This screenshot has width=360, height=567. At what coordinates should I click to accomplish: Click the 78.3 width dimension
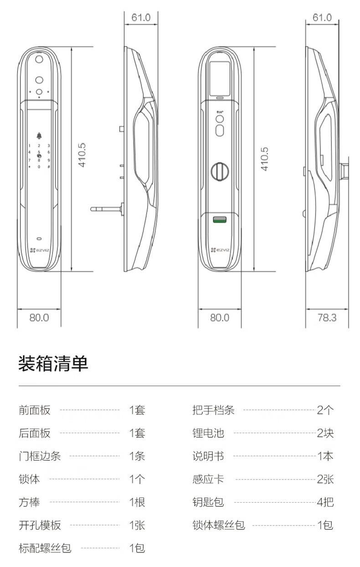click(327, 317)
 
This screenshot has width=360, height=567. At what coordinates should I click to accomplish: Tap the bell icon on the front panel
click(39, 135)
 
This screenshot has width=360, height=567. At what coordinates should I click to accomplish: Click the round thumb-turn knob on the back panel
click(220, 170)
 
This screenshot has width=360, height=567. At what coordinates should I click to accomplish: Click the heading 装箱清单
click(53, 364)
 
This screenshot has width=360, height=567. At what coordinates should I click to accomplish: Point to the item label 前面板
click(35, 410)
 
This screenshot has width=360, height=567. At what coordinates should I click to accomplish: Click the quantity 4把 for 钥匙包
click(325, 502)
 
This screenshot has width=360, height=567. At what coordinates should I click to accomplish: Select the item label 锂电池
click(208, 433)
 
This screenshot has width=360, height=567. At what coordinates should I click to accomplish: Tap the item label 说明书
click(208, 456)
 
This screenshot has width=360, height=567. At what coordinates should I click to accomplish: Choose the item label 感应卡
click(208, 479)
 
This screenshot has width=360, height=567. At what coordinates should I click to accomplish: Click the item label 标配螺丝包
click(45, 548)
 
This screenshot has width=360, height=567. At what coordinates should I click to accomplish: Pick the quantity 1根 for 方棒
click(137, 502)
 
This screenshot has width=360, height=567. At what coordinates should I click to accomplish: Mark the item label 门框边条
click(40, 456)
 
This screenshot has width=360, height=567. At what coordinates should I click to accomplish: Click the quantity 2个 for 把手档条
click(325, 410)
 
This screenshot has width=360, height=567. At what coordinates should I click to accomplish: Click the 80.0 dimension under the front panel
click(39, 317)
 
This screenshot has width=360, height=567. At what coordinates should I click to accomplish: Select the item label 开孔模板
click(40, 525)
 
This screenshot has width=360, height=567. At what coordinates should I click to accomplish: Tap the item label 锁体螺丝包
click(219, 525)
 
